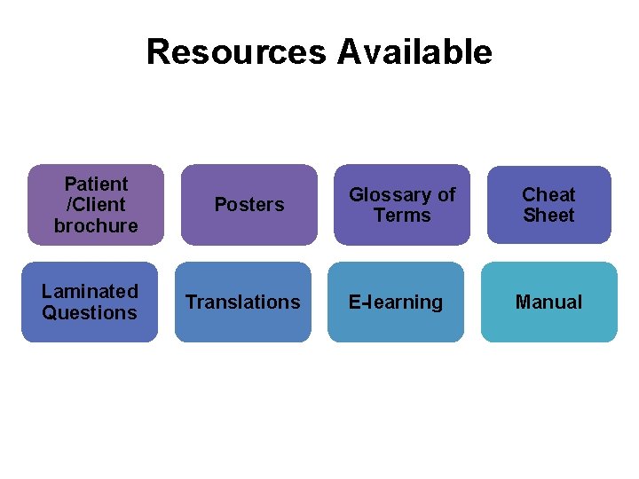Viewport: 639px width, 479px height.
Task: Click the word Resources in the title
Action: tap(236, 51)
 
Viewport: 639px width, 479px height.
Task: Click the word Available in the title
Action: tap(414, 51)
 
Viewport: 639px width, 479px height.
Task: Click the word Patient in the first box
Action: tap(96, 184)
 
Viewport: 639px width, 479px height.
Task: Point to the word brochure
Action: tap(96, 225)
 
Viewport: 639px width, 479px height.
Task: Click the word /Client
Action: tap(96, 205)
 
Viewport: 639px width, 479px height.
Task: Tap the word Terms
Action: tap(402, 216)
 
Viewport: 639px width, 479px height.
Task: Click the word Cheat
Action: tap(548, 194)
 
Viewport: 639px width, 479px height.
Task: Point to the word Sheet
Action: tap(548, 216)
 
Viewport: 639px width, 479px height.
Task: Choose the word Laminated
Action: tap(90, 291)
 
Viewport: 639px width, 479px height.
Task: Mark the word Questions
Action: tap(90, 312)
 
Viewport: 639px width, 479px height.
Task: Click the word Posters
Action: tap(249, 205)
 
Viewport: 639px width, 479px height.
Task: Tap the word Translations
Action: tap(242, 302)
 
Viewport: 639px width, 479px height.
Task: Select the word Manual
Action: tap(548, 302)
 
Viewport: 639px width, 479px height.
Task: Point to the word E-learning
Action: tap(395, 302)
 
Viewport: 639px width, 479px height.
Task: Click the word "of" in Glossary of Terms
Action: tap(446, 194)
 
